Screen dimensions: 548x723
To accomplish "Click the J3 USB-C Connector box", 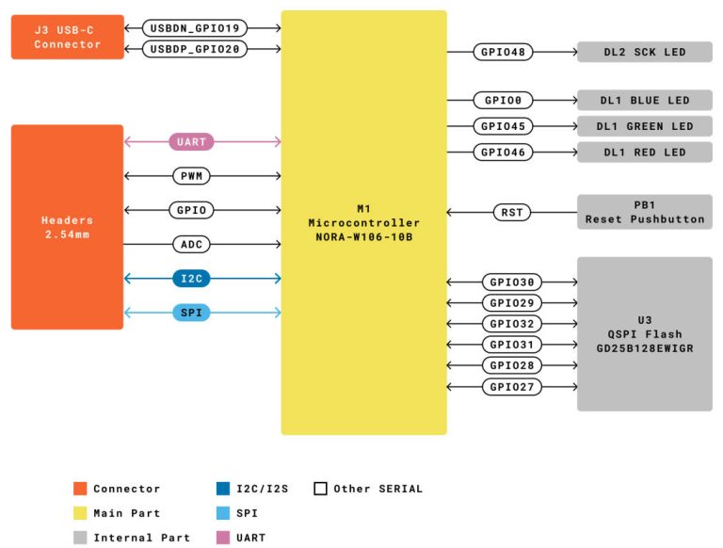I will click(x=67, y=38).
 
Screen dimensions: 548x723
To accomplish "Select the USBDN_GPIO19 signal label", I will click(x=195, y=27).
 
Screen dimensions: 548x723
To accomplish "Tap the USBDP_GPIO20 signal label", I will click(x=195, y=49).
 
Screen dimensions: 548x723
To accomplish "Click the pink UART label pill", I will click(x=191, y=142).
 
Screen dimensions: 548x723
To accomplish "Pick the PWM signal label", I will click(x=191, y=176).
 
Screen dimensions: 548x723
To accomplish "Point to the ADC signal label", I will click(x=191, y=245).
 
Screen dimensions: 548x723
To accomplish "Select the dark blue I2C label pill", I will click(x=191, y=279).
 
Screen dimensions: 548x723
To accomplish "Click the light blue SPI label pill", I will click(x=191, y=313).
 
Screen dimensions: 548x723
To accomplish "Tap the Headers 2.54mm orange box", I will click(x=67, y=227).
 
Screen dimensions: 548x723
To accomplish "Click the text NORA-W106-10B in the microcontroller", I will click(x=363, y=237).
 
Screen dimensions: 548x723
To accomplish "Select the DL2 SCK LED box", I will click(x=644, y=52).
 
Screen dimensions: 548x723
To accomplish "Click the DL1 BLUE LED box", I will click(x=644, y=101).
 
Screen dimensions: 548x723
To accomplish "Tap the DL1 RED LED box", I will click(x=644, y=152).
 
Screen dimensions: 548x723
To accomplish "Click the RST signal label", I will click(x=512, y=213).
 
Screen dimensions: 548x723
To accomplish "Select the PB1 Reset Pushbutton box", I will click(x=644, y=212).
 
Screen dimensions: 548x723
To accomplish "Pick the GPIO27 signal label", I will click(x=512, y=387).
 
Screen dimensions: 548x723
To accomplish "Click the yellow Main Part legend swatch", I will click(x=80, y=513).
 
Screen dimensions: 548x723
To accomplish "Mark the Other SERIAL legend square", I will click(x=320, y=489).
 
